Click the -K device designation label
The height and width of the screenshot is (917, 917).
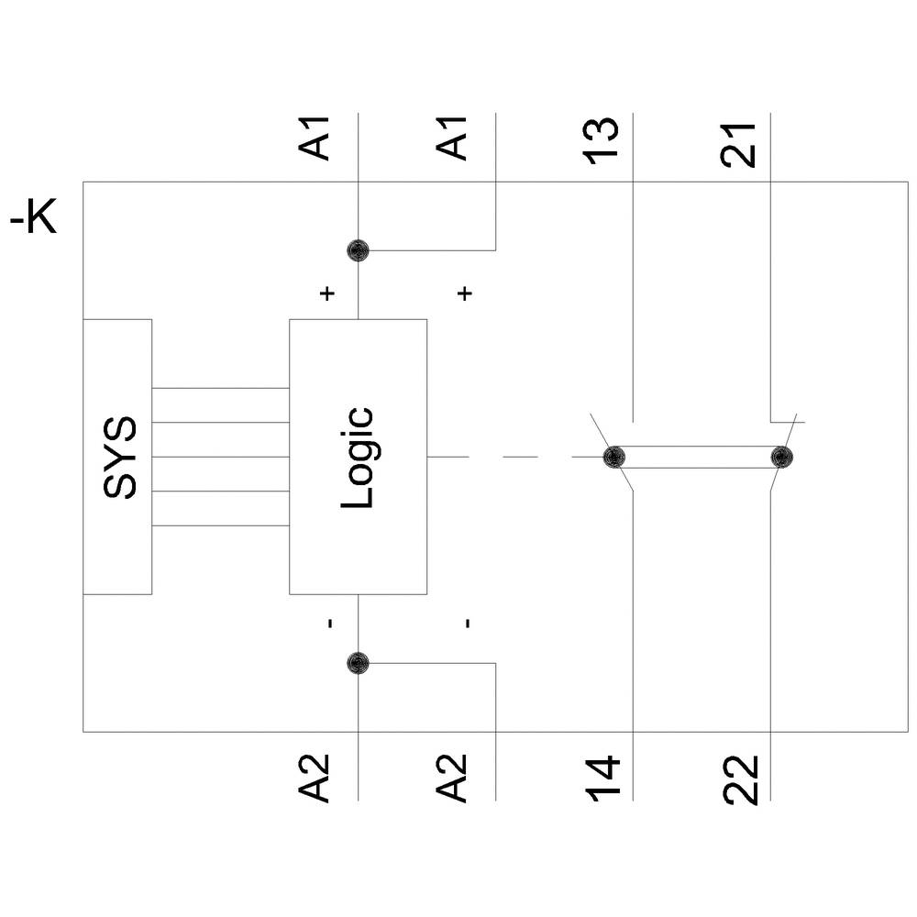tap(34, 221)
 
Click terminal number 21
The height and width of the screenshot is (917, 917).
tap(739, 143)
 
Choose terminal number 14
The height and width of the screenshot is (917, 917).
tap(602, 779)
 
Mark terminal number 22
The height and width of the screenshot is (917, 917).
tap(739, 779)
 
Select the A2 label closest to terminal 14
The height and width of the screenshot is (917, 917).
tap(453, 778)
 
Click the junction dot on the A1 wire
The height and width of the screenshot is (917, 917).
tap(358, 250)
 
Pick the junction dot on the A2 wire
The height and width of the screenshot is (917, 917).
tap(358, 662)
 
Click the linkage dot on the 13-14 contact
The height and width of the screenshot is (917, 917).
tap(613, 457)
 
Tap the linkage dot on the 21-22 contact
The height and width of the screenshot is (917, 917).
tap(780, 457)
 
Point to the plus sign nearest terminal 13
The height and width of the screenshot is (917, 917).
tap(465, 293)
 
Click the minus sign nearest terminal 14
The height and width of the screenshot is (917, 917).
tap(467, 624)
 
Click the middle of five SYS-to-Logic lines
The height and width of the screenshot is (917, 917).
tap(220, 457)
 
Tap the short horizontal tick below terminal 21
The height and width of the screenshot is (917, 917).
tap(788, 423)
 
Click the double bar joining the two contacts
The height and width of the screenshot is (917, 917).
tap(697, 457)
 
